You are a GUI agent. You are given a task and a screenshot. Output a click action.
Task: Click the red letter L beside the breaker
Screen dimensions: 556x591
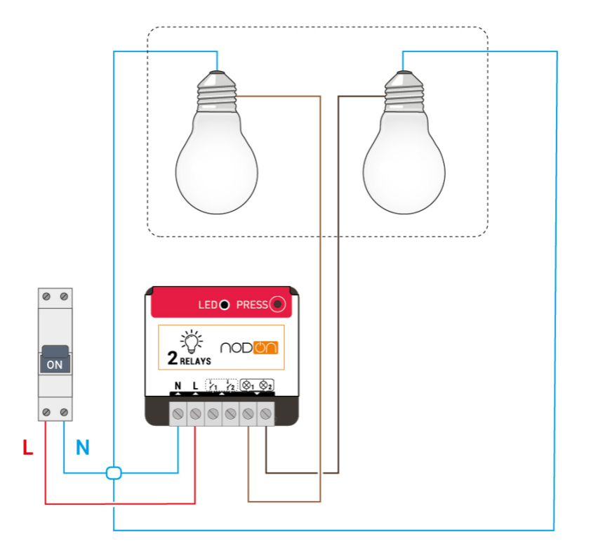(x=28, y=448)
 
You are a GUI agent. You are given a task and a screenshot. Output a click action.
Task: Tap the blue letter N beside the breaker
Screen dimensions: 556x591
(x=83, y=448)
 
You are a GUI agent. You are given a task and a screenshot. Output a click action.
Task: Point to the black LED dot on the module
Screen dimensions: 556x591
(x=224, y=305)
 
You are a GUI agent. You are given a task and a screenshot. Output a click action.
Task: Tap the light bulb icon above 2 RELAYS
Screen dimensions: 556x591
(x=190, y=341)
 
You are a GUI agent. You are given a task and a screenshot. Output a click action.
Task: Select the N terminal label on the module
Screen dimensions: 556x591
(x=178, y=386)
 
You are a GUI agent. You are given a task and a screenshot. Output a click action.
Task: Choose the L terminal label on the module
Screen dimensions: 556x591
(x=195, y=386)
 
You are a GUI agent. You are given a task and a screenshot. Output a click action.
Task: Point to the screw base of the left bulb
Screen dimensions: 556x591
(x=217, y=91)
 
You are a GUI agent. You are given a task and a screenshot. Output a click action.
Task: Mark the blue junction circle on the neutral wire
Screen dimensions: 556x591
(x=114, y=473)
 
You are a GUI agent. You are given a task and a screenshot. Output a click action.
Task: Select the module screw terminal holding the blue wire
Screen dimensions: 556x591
(x=178, y=414)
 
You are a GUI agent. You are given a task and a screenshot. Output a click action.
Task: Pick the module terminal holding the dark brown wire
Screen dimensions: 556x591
(x=266, y=414)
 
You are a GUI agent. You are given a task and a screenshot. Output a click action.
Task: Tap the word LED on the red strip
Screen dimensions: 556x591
(x=208, y=305)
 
